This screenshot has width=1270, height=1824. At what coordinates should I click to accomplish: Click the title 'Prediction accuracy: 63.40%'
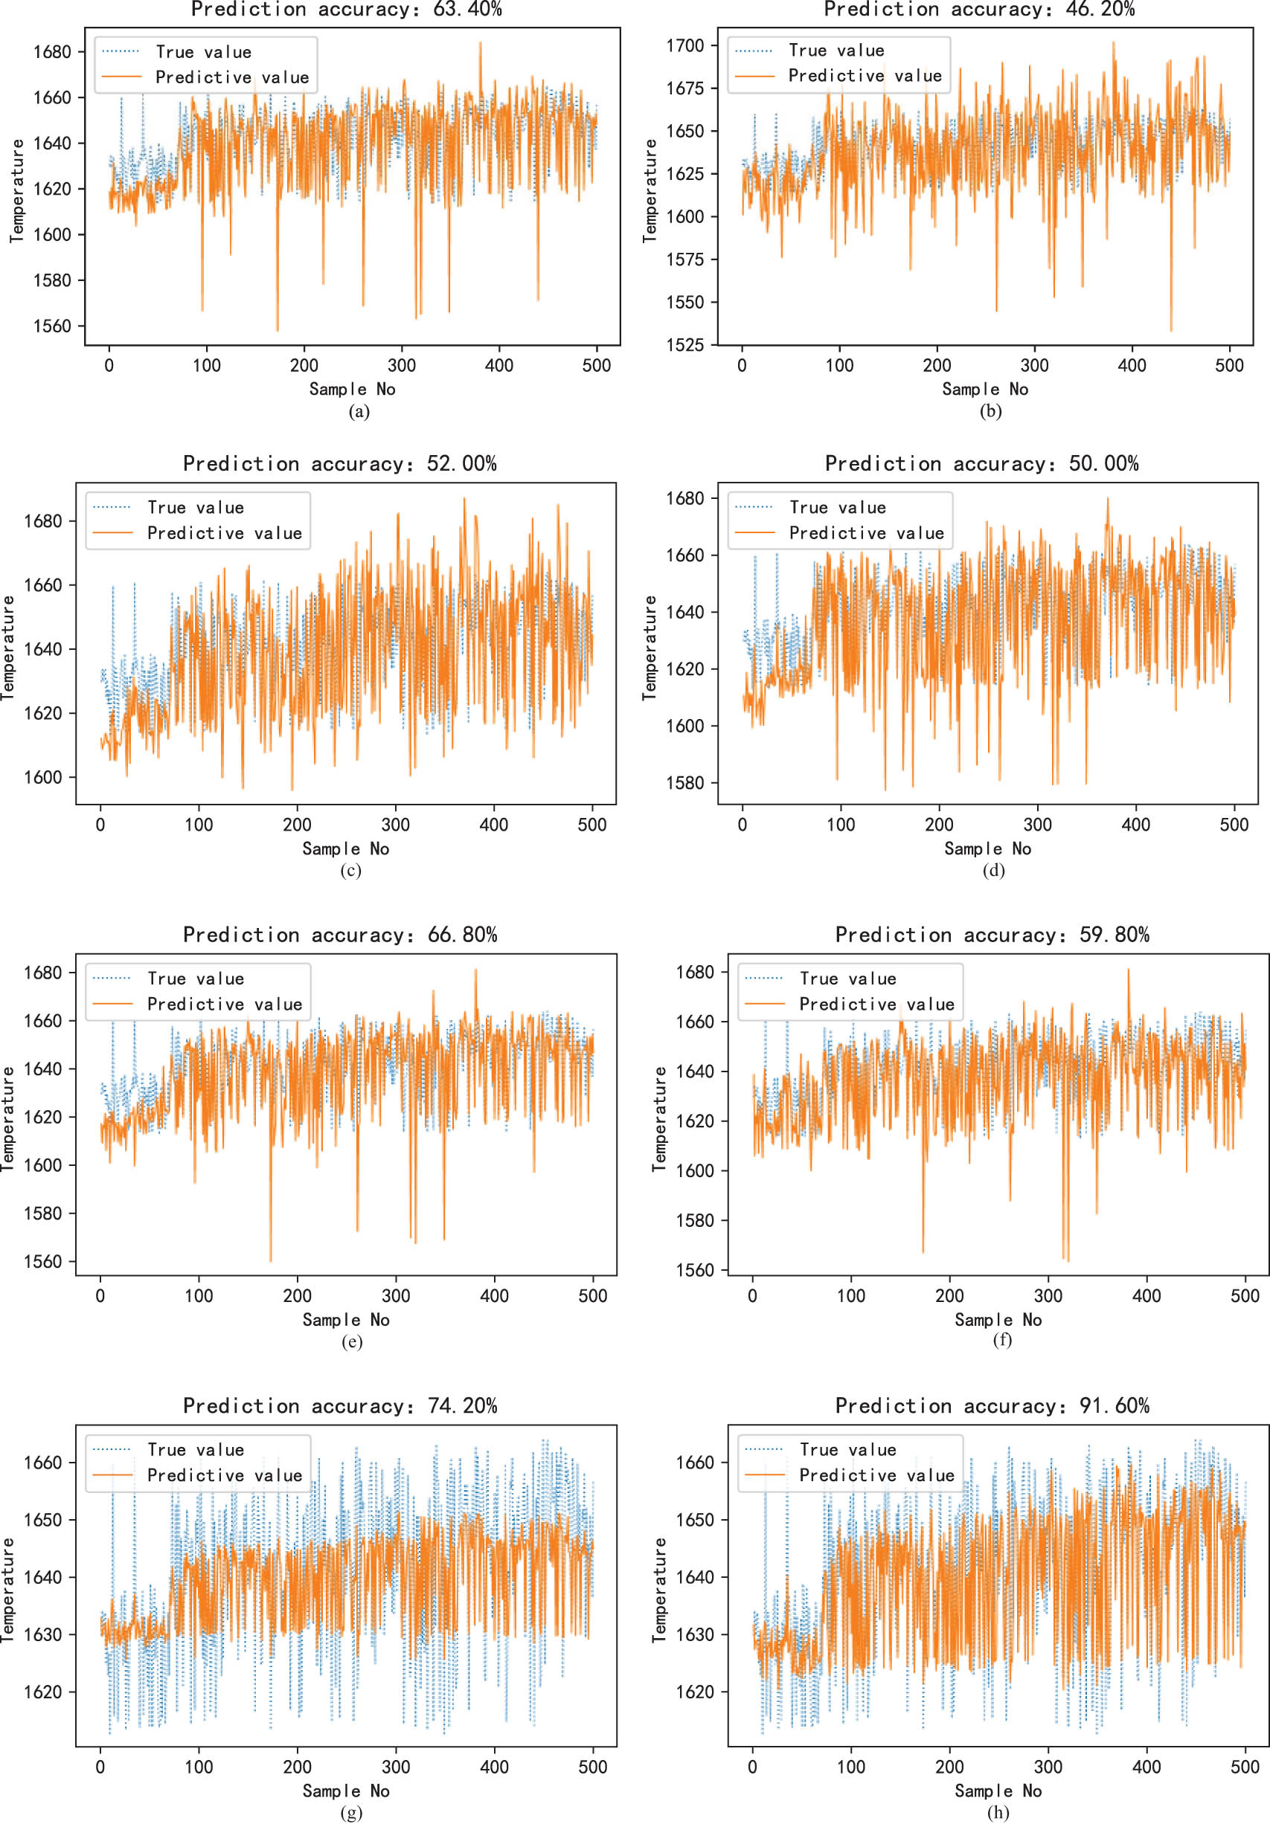(x=347, y=10)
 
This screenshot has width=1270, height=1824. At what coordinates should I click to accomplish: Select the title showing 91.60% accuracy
(x=992, y=1405)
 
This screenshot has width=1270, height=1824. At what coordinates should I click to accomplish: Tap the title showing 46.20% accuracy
(x=979, y=10)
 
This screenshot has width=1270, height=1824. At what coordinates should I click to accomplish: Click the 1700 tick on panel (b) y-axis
(x=685, y=45)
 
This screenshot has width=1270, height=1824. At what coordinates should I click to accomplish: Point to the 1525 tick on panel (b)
(x=685, y=345)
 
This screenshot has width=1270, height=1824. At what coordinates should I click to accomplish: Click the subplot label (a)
(x=359, y=410)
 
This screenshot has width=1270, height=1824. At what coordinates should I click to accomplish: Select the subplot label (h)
(x=998, y=1812)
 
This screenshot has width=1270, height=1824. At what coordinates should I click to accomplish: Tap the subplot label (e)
(x=351, y=1341)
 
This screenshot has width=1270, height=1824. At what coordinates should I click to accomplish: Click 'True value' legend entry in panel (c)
(x=196, y=508)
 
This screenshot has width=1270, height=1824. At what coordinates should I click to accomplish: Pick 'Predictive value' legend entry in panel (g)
(x=225, y=1475)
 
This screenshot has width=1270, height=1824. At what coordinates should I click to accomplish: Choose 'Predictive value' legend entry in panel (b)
(x=865, y=75)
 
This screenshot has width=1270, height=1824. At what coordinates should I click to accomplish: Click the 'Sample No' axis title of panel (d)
(x=987, y=848)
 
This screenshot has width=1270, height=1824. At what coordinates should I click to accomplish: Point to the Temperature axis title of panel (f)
(x=659, y=1118)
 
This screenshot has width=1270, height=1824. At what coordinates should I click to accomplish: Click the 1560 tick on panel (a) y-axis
(x=51, y=326)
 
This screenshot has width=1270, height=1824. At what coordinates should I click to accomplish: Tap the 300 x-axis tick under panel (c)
(x=396, y=825)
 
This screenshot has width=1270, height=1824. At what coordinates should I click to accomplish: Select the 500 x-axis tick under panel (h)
(x=1245, y=1767)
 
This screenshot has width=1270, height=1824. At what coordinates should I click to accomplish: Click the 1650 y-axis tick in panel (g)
(x=42, y=1520)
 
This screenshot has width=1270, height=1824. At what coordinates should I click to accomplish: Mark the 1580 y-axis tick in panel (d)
(x=685, y=782)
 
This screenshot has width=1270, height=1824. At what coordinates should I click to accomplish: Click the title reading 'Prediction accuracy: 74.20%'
(x=340, y=1405)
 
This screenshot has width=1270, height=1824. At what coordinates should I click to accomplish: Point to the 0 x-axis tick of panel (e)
(x=100, y=1296)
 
